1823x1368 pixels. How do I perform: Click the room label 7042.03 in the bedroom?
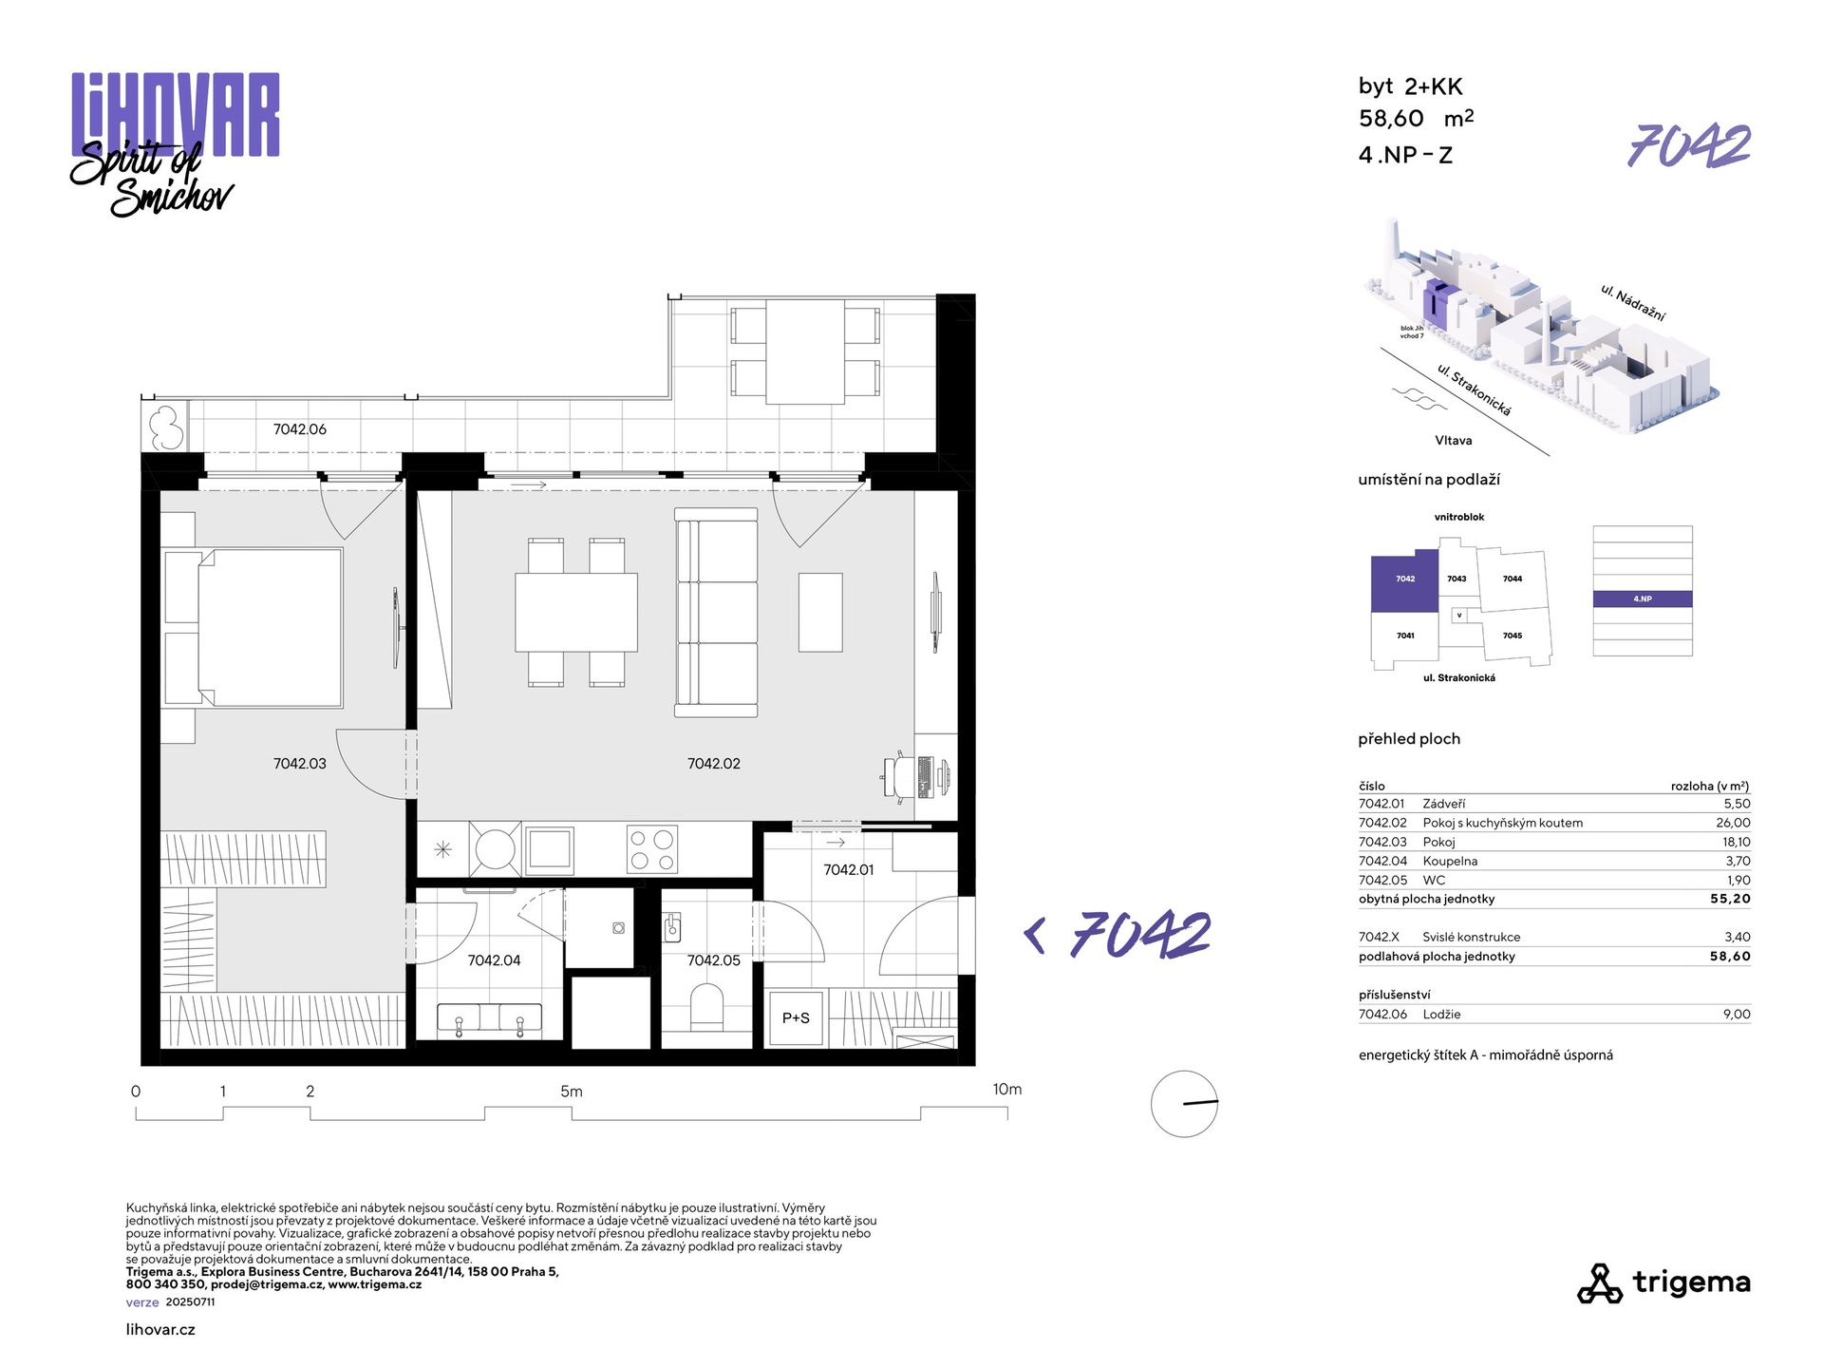point(299,764)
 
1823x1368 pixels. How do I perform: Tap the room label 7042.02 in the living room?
point(713,764)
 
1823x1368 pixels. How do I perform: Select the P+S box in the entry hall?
point(796,1018)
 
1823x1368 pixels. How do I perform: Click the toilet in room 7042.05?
point(706,1007)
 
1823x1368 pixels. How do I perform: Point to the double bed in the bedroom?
point(254,628)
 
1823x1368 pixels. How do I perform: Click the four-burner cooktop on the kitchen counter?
point(652,849)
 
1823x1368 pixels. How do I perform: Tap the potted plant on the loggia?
point(167,428)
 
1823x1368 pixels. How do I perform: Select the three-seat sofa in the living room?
point(716,613)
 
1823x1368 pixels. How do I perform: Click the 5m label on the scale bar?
point(571,1092)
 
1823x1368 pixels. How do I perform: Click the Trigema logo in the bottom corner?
point(1663,1283)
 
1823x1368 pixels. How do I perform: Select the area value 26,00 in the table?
point(1733,823)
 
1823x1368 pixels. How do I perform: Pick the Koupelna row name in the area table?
point(1450,861)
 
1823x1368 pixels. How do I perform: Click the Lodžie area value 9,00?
point(1737,1015)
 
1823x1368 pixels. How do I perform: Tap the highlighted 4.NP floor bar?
point(1643,599)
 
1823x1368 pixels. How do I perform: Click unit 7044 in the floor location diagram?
point(1513,579)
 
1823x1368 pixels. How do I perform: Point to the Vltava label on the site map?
point(1454,441)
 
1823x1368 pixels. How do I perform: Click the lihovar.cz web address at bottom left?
point(160,1330)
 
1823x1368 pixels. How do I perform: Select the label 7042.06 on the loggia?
point(299,429)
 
